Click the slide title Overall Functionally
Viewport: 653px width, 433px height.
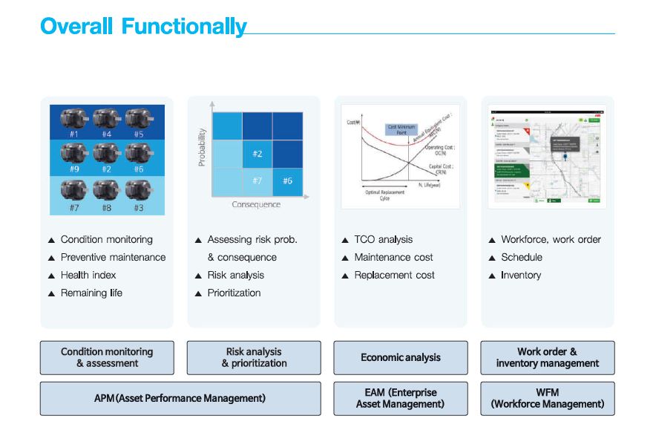(x=143, y=27)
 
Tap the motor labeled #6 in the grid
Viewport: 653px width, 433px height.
(x=139, y=155)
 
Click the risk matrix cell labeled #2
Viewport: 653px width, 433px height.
(x=257, y=153)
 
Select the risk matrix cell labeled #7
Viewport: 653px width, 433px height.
(x=257, y=180)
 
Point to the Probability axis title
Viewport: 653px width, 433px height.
(x=202, y=146)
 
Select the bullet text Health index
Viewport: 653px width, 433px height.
(x=88, y=275)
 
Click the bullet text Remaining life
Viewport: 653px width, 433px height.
(x=91, y=293)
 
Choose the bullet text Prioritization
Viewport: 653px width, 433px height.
(x=234, y=293)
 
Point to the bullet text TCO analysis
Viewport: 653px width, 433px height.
(x=383, y=239)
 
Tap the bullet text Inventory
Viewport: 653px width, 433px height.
(x=521, y=275)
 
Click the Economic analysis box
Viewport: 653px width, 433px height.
(x=401, y=357)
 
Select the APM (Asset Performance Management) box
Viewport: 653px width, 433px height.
(x=180, y=398)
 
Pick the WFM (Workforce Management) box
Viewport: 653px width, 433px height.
(x=548, y=398)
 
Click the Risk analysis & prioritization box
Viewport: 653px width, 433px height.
(x=254, y=357)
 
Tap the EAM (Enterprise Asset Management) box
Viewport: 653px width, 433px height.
(x=401, y=398)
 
